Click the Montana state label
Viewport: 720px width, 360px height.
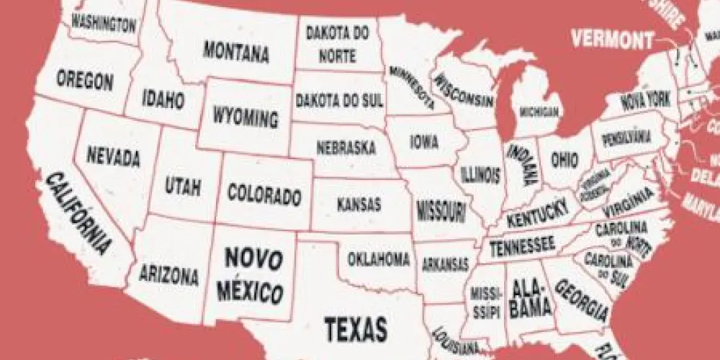coord(236,51)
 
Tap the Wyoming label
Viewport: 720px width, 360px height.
coord(245,117)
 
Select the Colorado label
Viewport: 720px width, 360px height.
coord(264,194)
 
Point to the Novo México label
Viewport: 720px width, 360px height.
coord(253,275)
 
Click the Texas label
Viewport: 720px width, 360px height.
coord(355,328)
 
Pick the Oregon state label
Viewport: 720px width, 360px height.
coord(85,80)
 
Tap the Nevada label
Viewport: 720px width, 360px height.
coord(113,156)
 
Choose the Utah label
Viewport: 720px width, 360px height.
coord(183,186)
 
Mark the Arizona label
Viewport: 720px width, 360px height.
coord(168,274)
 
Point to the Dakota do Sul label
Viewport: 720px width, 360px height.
coord(339,100)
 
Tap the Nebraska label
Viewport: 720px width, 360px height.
coord(346,148)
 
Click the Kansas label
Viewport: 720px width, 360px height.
coord(359,204)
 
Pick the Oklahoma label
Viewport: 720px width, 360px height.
coord(379,259)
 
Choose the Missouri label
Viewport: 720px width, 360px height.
coord(441,211)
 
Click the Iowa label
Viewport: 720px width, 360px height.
coord(424,142)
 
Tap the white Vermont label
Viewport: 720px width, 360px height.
coord(613,39)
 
